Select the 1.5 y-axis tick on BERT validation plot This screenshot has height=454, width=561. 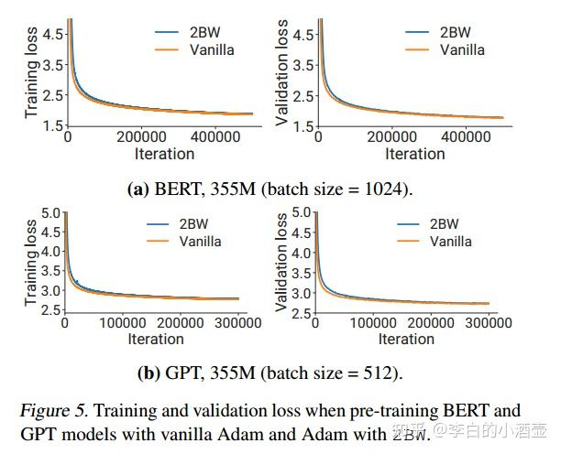[303, 124]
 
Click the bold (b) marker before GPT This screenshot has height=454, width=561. [148, 373]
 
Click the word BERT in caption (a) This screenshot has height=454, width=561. [177, 189]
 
